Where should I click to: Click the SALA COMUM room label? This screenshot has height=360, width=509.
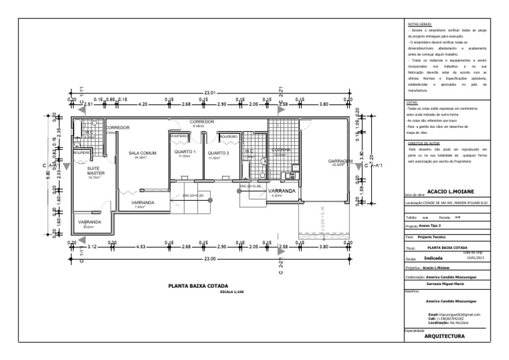click(142, 152)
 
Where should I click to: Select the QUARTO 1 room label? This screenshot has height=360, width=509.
click(185, 152)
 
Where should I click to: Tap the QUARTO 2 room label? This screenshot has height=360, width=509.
click(219, 152)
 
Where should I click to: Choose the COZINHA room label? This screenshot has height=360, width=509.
click(281, 150)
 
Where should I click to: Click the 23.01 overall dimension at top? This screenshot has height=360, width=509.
click(211, 91)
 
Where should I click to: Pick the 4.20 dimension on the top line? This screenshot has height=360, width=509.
click(142, 104)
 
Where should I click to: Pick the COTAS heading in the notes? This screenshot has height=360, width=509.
click(411, 103)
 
